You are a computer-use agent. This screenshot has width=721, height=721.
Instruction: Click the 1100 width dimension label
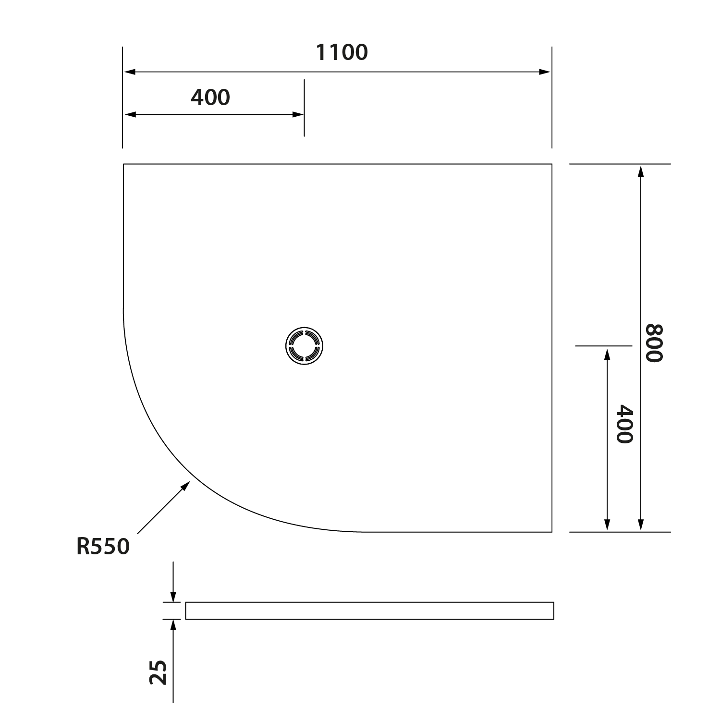pyautogui.click(x=342, y=52)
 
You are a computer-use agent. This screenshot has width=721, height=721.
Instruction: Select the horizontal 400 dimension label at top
pyautogui.click(x=210, y=98)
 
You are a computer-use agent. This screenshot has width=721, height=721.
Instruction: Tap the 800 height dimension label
pyautogui.click(x=654, y=343)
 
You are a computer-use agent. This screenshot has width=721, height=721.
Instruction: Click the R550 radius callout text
pyautogui.click(x=103, y=547)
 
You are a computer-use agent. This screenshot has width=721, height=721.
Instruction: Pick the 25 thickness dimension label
pyautogui.click(x=159, y=672)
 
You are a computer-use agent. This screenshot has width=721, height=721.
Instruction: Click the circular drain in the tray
pyautogui.click(x=304, y=346)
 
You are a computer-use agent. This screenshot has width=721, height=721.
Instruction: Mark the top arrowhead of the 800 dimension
pyautogui.click(x=640, y=171)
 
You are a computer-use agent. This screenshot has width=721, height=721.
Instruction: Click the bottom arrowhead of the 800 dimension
pyautogui.click(x=640, y=525)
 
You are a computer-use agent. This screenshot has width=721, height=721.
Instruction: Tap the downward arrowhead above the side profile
pyautogui.click(x=173, y=596)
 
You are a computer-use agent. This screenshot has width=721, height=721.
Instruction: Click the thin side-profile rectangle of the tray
pyautogui.click(x=369, y=611)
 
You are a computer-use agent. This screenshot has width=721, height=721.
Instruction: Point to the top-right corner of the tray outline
pyautogui.click(x=551, y=164)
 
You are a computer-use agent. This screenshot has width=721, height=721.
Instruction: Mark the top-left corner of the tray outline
pyautogui.click(x=123, y=164)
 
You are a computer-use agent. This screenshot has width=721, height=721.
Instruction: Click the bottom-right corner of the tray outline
pyautogui.click(x=551, y=532)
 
